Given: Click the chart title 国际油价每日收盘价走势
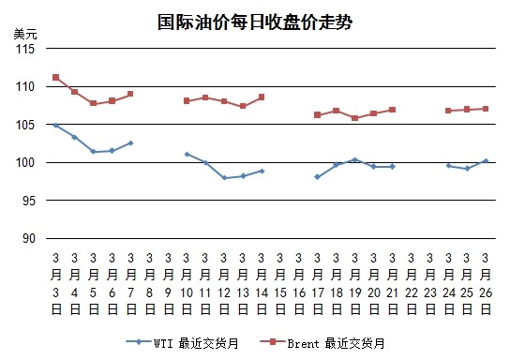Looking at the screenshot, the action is pos(255,22).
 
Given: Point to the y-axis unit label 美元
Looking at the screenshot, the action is pos(25,34).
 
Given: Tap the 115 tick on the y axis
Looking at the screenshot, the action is pos(25,49).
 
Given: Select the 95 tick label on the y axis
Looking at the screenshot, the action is pos(28,201).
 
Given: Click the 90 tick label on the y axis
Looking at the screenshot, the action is pos(28,238).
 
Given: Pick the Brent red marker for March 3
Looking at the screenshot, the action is pos(55,78).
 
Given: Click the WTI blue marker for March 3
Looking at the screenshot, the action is pos(55,126).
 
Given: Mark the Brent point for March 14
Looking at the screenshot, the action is pos(262,97).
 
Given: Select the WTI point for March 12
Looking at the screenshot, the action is pos(224,178).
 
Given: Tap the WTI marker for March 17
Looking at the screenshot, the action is pos(318,177).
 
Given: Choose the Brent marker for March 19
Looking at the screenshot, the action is pos(355,118).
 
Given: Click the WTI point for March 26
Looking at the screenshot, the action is pos(486,161).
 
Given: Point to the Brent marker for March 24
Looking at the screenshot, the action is pos(448,111).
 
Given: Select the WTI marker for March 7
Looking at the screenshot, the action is pos(130,142).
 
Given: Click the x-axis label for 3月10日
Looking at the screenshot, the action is pos(187,284).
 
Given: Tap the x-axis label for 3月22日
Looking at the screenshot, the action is pos(412,284).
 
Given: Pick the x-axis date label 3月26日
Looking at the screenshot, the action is pos(486,284).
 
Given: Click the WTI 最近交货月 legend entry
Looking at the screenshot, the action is pos(183,343).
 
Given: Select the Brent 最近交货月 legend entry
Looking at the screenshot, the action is pos(322,343).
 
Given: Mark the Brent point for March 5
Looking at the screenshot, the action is pos(93,103).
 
